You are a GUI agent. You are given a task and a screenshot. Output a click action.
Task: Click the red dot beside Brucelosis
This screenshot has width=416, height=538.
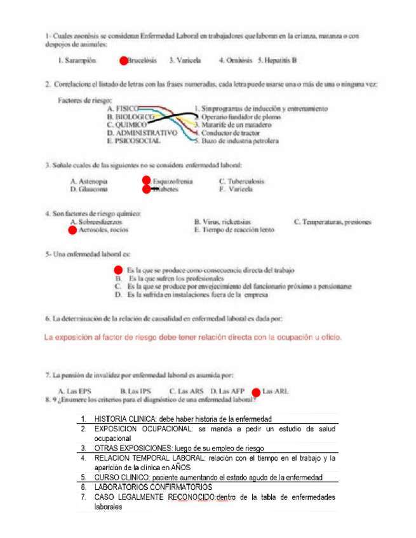pos(123,61)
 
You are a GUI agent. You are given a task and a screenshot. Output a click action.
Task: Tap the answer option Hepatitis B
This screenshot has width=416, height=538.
pos(278,61)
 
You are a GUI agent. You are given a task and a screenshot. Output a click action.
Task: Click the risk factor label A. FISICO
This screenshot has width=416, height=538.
pos(123,109)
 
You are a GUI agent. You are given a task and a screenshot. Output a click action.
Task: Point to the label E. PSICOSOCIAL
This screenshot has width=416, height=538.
pos(134,141)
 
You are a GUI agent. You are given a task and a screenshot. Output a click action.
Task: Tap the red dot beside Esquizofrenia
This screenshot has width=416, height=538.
pos(146,181)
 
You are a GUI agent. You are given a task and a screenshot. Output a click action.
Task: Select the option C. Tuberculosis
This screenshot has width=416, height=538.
pos(241,181)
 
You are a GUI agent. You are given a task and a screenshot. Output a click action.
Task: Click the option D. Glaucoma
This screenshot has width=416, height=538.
pos(89,189)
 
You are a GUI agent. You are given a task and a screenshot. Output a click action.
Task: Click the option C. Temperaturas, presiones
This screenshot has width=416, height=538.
pos(337,222)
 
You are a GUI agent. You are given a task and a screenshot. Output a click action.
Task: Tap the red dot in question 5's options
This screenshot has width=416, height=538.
pos(118,270)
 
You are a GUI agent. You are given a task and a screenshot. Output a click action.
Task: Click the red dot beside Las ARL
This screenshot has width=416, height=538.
pos(256,391)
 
